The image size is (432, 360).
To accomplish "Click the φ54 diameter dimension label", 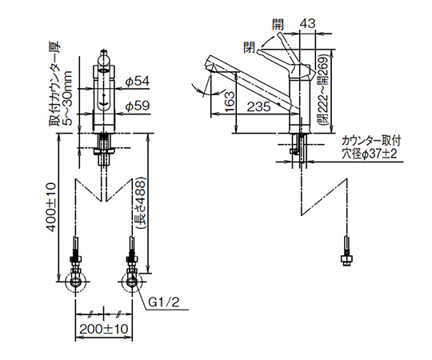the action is pyautogui.click(x=138, y=82).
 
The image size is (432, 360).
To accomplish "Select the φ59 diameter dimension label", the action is pyautogui.click(x=138, y=106).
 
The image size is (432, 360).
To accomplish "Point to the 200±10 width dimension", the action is pyautogui.click(x=104, y=329).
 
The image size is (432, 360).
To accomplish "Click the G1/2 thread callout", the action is pyautogui.click(x=164, y=302).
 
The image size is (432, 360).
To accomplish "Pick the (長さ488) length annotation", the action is pyautogui.click(x=141, y=204).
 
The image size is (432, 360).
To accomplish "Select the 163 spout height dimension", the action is pyautogui.click(x=230, y=101).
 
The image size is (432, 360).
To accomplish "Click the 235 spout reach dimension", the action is pyautogui.click(x=258, y=107).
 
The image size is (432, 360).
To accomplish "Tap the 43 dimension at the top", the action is pyautogui.click(x=307, y=24).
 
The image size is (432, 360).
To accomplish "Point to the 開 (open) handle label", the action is pyautogui.click(x=278, y=25).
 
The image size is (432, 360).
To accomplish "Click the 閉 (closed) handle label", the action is pyautogui.click(x=250, y=47).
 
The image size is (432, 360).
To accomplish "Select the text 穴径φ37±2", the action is pyautogui.click(x=370, y=154).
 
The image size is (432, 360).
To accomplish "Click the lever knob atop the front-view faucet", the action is pyautogui.click(x=104, y=58).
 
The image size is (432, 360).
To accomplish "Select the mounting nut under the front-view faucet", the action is pyautogui.click(x=104, y=151).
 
